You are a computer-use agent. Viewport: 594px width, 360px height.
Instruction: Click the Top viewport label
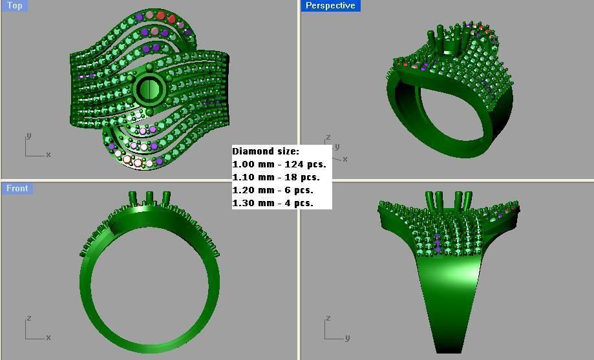point(14,5)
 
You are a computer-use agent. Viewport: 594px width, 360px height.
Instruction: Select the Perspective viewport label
point(330,5)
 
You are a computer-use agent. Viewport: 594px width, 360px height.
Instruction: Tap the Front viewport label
point(17,188)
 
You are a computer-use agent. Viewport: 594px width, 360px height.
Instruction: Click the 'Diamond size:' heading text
point(266,151)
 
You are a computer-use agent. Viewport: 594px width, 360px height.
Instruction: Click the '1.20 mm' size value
point(251,190)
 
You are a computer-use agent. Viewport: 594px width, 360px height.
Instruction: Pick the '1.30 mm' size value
point(251,203)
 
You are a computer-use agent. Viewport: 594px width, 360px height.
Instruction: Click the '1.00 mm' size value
point(251,164)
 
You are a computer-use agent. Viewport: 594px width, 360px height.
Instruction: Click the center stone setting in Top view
point(149,88)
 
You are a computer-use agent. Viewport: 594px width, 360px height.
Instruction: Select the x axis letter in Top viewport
point(48,154)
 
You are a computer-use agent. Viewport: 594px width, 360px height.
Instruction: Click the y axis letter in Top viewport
point(28,136)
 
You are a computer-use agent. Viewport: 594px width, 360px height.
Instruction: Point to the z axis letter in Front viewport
point(28,319)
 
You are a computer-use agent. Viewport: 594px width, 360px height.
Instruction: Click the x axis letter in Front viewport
point(48,337)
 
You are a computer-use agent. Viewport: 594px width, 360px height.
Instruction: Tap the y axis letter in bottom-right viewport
point(347,337)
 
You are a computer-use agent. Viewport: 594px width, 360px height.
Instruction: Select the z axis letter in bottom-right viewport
point(328,319)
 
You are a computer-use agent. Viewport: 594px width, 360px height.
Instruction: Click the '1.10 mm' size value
point(251,177)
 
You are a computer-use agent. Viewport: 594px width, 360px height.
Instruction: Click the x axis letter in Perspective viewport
point(345,159)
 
